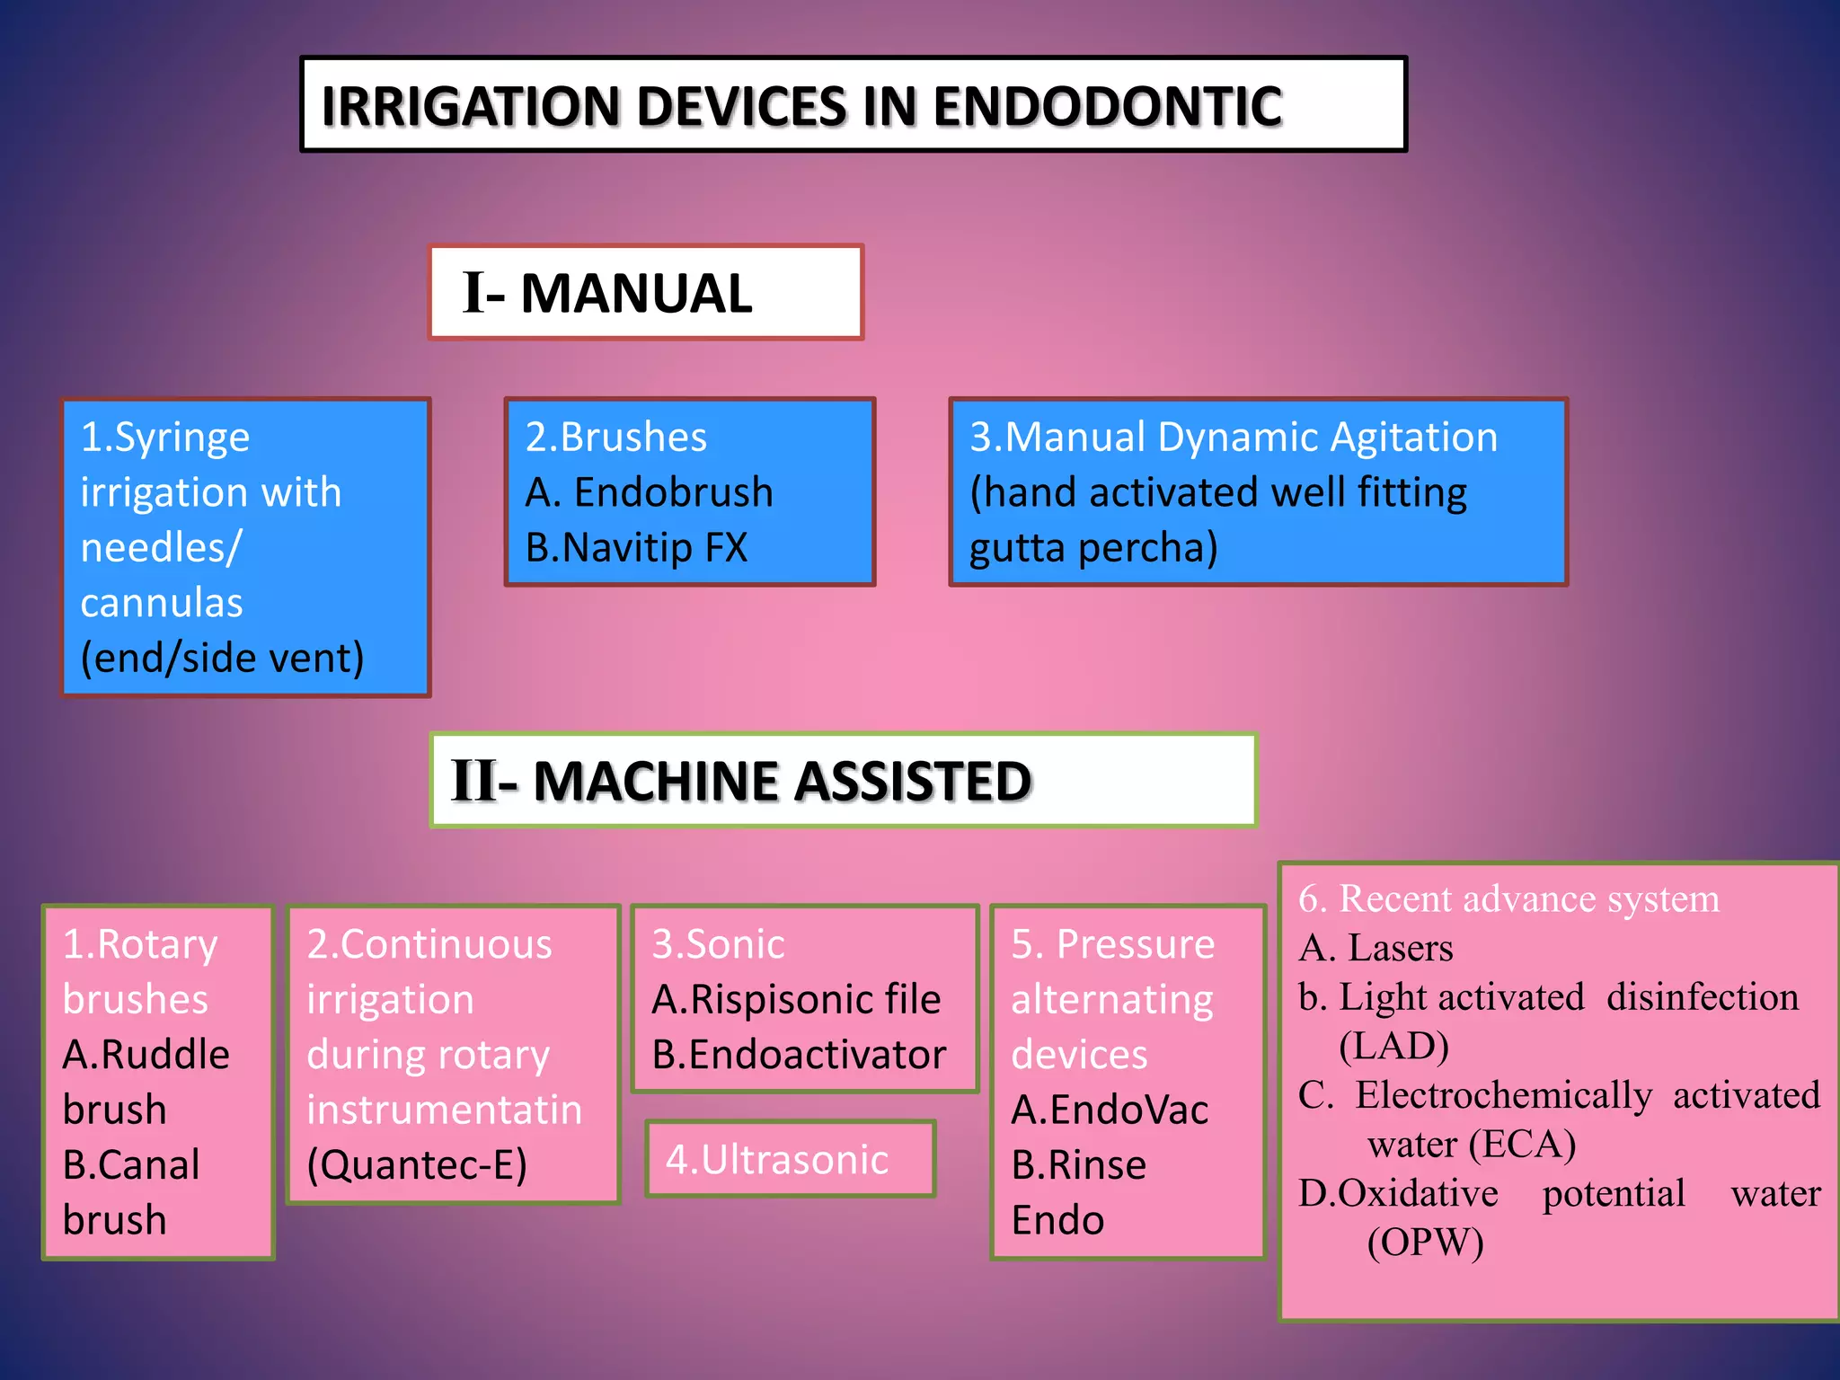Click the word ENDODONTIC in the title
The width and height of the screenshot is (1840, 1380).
1107,107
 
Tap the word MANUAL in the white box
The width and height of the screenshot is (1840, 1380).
636,294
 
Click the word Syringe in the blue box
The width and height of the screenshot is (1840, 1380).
181,438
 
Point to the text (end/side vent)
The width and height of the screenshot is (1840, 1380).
222,659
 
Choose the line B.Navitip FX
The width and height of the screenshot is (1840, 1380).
636,548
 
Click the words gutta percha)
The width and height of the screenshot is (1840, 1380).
1093,548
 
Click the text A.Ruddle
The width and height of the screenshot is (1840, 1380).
146,1055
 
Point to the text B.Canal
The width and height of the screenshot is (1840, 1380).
131,1165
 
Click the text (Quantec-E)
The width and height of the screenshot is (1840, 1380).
417,1165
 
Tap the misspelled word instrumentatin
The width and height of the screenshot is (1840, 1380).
444,1110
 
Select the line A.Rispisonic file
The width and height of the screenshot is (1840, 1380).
796,1000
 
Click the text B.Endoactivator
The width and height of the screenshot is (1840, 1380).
799,1055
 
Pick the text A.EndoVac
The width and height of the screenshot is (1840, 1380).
1109,1110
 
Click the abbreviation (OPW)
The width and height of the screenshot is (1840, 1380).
1425,1243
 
